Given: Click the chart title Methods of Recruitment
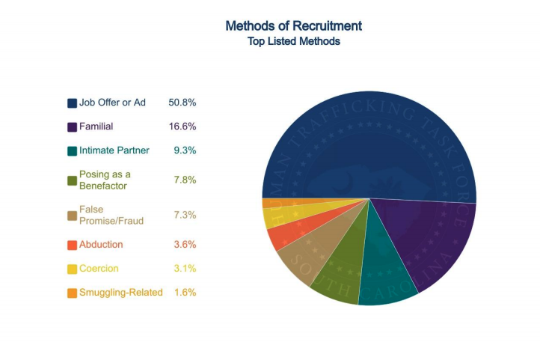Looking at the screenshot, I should pyautogui.click(x=293, y=25).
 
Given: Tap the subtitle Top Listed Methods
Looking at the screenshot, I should pyautogui.click(x=293, y=42).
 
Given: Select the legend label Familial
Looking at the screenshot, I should pyautogui.click(x=96, y=126).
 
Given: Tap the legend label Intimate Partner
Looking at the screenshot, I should pyautogui.click(x=114, y=150).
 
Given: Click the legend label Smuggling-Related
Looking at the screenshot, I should pyautogui.click(x=120, y=293).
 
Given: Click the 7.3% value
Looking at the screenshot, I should pyautogui.click(x=184, y=215).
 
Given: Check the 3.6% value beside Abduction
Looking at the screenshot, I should pyautogui.click(x=184, y=245).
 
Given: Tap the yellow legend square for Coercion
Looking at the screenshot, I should pyautogui.click(x=72, y=269).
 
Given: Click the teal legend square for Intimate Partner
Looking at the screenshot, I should pyautogui.click(x=72, y=151).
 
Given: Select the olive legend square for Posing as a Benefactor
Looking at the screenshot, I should pyautogui.click(x=72, y=180).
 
